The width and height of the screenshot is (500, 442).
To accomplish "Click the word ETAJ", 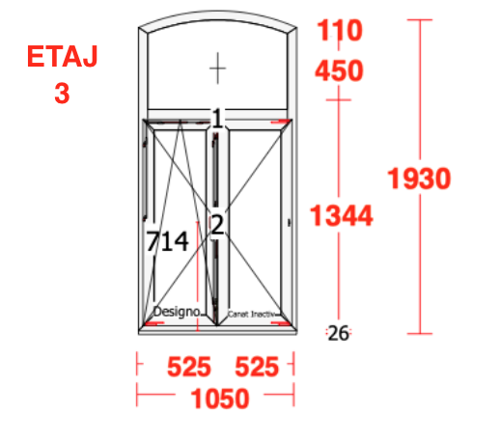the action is (62, 56).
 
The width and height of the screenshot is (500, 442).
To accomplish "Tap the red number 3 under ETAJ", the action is (62, 94).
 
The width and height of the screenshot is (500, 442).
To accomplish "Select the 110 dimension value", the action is (340, 30).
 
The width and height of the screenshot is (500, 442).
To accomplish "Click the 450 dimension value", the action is (339, 70).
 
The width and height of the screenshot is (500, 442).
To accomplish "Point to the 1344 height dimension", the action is (341, 215).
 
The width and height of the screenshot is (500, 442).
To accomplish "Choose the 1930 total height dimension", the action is (419, 179).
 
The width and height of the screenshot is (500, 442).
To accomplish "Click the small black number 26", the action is (338, 333).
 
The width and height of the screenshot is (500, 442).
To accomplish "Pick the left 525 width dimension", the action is (189, 367).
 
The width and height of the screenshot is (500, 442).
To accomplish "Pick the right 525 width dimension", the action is (257, 367).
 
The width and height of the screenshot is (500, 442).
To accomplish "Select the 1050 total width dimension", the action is (220, 399).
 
